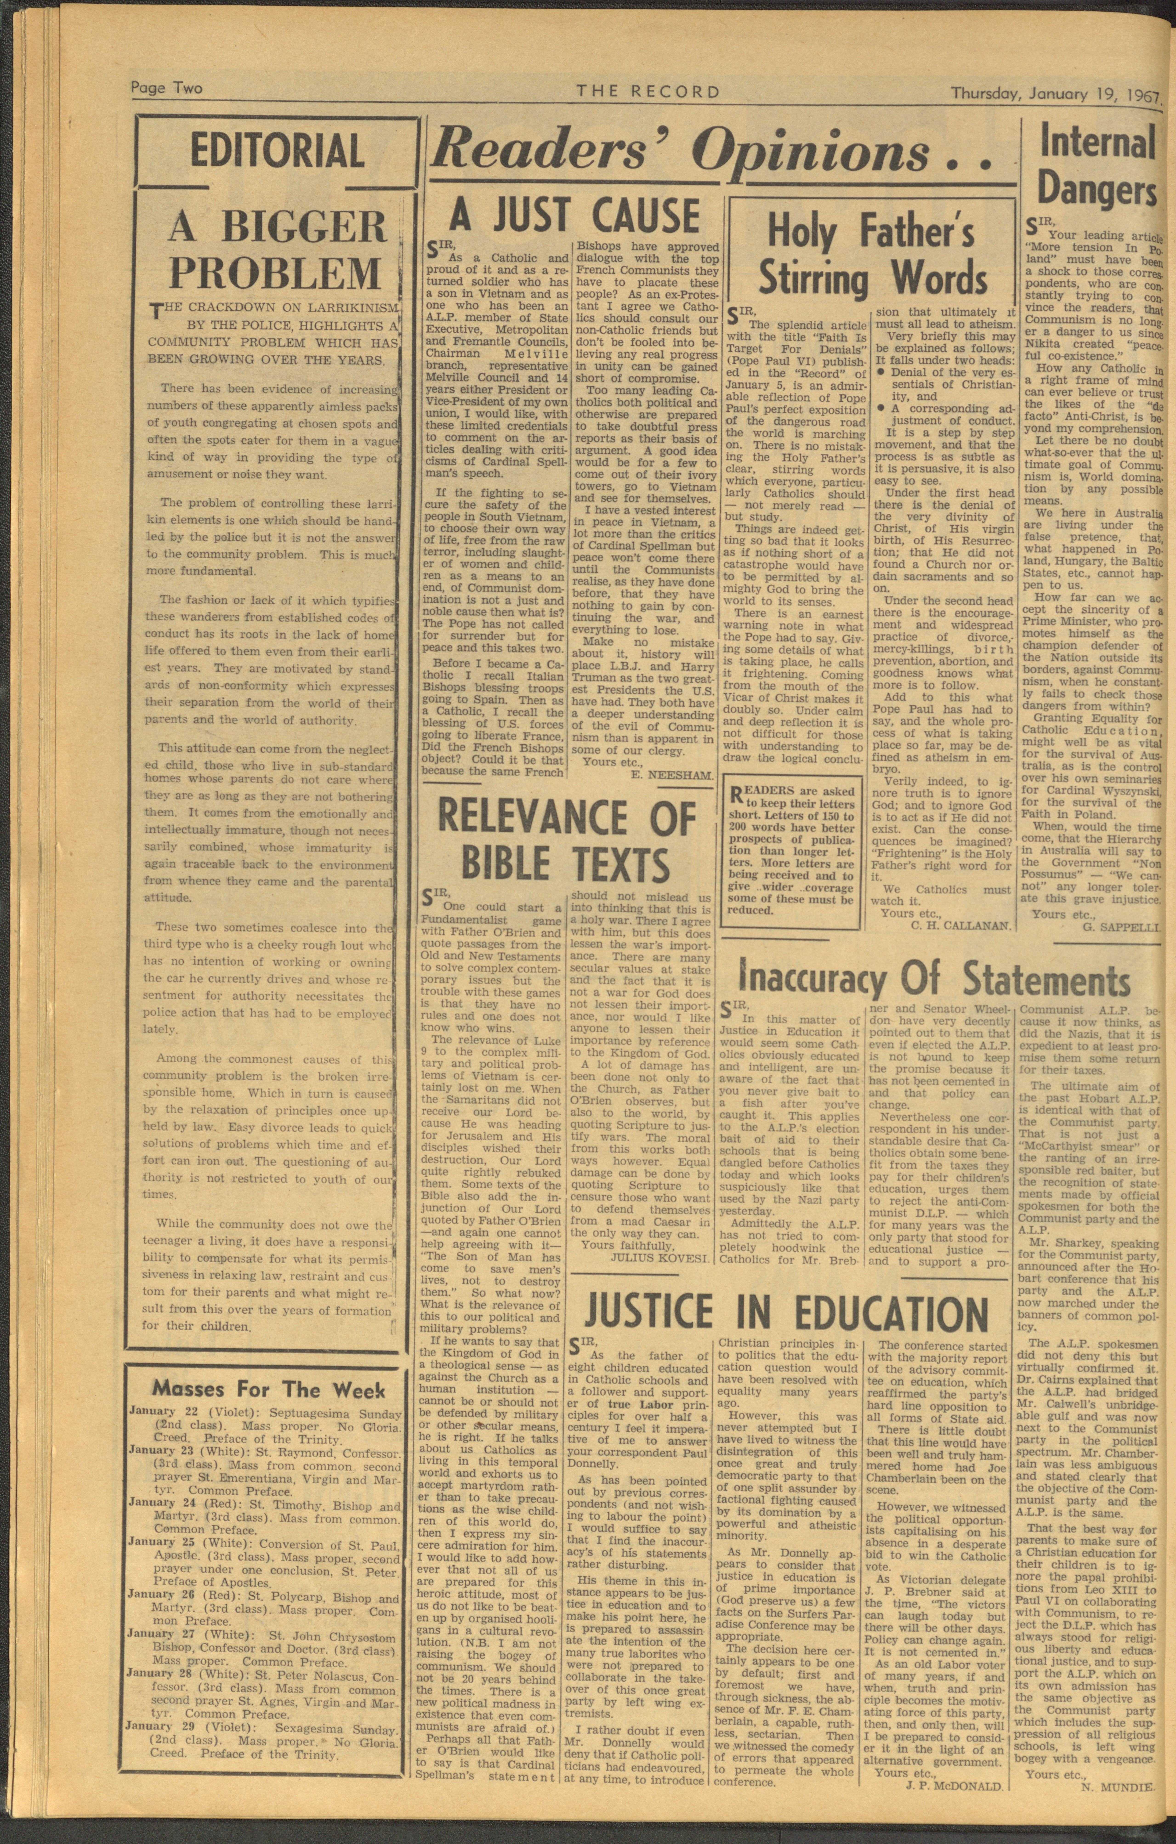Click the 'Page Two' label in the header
pos(166,88)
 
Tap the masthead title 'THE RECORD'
pos(648,92)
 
